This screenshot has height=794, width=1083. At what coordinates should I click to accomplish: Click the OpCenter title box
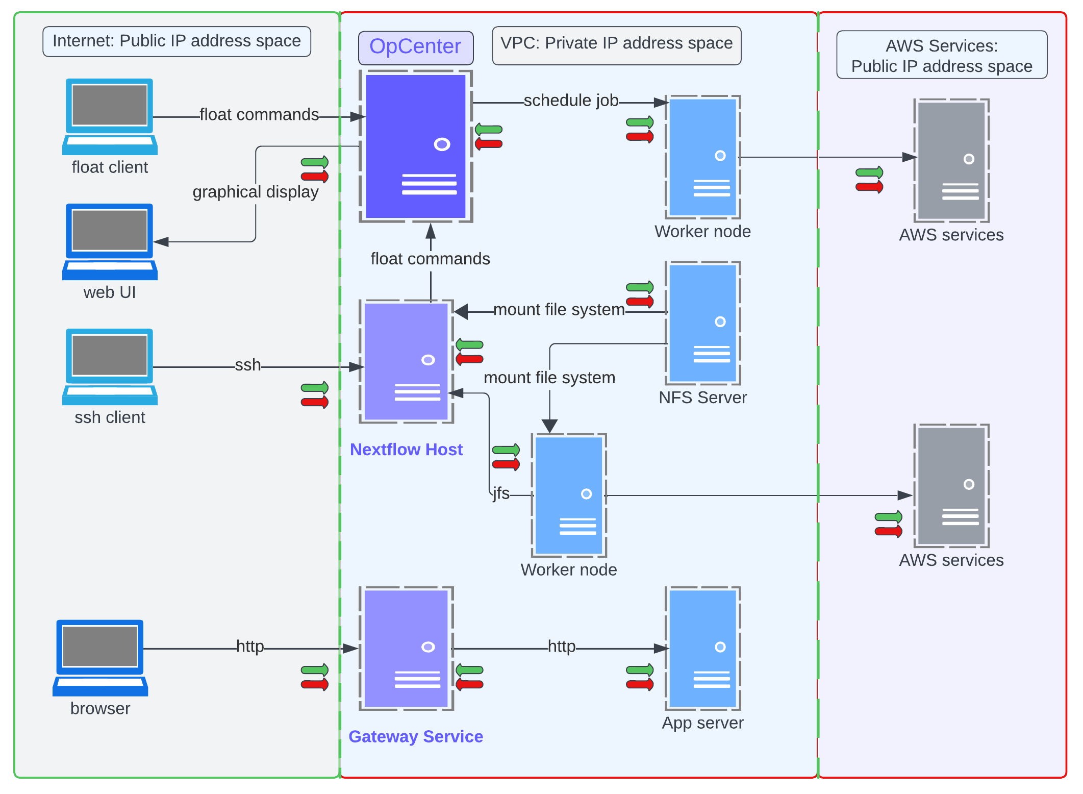click(415, 47)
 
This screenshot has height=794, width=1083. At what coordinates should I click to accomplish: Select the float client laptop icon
click(110, 116)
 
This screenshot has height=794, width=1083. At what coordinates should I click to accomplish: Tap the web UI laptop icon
click(110, 241)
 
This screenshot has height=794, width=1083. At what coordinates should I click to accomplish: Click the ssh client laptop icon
click(110, 366)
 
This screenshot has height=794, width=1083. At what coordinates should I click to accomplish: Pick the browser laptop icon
click(100, 658)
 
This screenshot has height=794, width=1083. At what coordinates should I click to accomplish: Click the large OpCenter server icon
click(415, 146)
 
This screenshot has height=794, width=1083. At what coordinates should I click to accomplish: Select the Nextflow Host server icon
click(406, 361)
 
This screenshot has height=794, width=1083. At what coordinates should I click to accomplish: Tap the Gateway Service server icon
click(406, 648)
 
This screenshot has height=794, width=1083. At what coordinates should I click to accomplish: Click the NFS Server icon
click(702, 323)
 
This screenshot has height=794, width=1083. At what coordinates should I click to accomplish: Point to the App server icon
click(702, 648)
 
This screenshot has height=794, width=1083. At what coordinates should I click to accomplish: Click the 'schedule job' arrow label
click(570, 101)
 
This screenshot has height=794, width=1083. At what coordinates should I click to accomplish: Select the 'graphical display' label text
click(255, 192)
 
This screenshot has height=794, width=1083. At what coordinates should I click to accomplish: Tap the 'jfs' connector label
click(501, 493)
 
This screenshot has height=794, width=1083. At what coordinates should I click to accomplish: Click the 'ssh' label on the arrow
click(247, 365)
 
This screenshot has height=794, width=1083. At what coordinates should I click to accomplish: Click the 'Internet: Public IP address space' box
click(177, 41)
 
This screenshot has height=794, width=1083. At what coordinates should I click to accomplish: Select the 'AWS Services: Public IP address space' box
click(941, 55)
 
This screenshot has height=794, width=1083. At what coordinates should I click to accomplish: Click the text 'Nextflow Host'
click(406, 450)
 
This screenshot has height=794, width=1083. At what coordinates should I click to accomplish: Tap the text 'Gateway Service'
click(415, 736)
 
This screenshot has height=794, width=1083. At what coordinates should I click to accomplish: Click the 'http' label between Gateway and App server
click(561, 647)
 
